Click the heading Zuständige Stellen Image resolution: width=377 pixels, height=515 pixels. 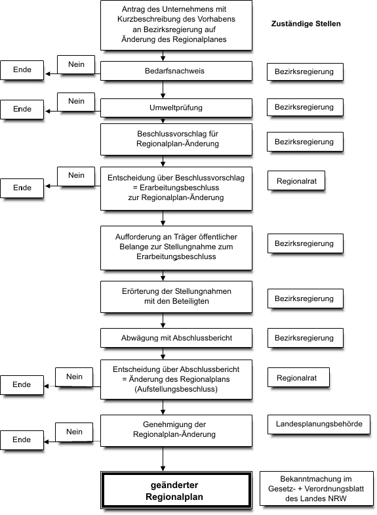click(306, 24)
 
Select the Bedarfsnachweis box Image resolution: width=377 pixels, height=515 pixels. click(176, 71)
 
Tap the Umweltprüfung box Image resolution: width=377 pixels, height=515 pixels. click(176, 108)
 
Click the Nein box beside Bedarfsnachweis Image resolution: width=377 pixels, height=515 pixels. click(76, 64)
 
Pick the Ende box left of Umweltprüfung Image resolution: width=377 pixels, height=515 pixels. click(22, 110)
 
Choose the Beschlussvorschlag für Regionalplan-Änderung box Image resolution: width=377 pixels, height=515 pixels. click(176, 139)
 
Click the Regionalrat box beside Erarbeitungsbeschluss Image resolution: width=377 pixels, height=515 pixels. click(296, 180)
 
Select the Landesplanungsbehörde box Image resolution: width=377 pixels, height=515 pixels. click(319, 424)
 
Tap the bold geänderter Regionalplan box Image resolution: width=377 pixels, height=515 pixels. click(176, 490)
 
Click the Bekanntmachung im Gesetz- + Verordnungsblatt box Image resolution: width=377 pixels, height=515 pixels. click(317, 489)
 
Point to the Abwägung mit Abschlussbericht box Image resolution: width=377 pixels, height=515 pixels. click(176, 338)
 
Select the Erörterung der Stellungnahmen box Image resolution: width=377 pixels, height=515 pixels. click(176, 297)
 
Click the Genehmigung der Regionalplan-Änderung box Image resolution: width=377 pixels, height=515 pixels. click(176, 430)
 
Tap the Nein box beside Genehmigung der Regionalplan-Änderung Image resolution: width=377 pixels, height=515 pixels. click(74, 432)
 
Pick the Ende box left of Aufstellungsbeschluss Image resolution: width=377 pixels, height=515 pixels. click(22, 385)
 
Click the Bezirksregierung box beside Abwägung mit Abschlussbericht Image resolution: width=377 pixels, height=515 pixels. click(306, 338)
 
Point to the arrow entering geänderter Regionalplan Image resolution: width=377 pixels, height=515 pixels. click(163, 459)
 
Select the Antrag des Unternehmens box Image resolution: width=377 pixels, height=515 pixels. click(176, 26)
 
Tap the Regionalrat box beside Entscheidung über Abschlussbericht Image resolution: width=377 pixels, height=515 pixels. click(298, 378)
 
